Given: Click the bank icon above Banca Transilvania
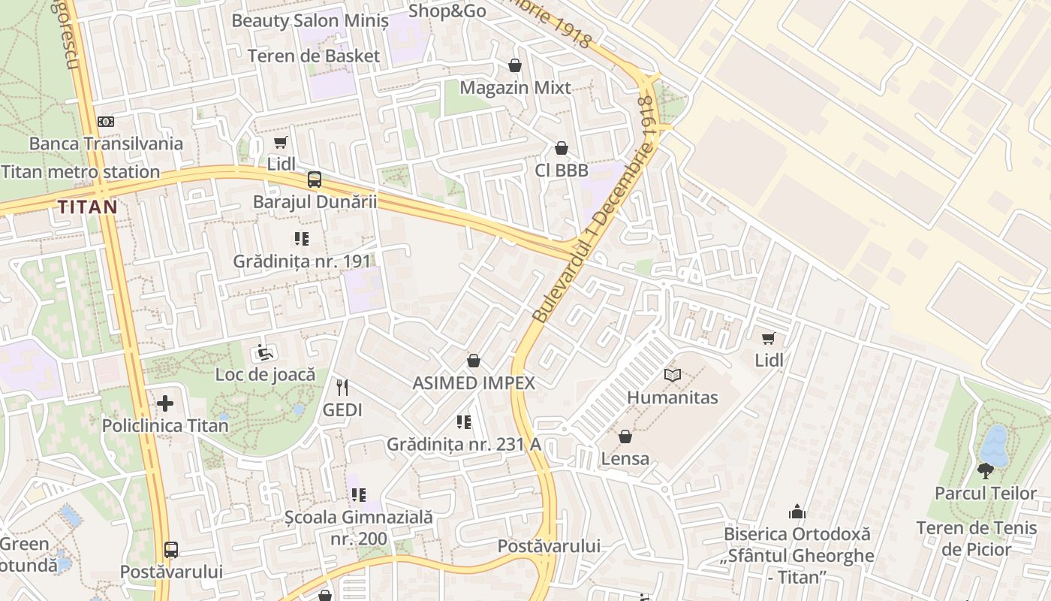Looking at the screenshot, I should coord(106,122).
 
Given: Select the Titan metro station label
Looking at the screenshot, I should coord(80,172).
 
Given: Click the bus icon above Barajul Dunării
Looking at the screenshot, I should coord(315,180).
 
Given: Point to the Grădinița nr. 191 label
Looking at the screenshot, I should coord(302,261).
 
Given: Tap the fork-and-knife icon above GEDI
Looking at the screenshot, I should coord(342,388).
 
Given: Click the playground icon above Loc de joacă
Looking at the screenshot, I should coord(265,352).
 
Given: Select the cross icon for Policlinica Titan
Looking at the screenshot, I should coord(165,403).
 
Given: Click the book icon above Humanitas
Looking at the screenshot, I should coord(672,375).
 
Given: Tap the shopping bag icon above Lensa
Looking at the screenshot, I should coord(625,436).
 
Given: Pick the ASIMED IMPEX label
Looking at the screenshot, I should coord(474,383).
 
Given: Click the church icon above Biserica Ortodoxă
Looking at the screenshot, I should coord(797,512).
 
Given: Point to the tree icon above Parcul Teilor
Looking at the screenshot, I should coord(986,471).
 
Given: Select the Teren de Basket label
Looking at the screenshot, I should coord(314,56).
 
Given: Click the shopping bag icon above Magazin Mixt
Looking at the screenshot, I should coord(515,65).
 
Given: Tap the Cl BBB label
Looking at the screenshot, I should coord(562,171).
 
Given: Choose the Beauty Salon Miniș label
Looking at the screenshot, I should coord(310,20).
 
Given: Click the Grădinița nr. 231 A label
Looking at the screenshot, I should coord(464,444).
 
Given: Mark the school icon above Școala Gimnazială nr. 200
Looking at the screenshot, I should coord(359,495).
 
